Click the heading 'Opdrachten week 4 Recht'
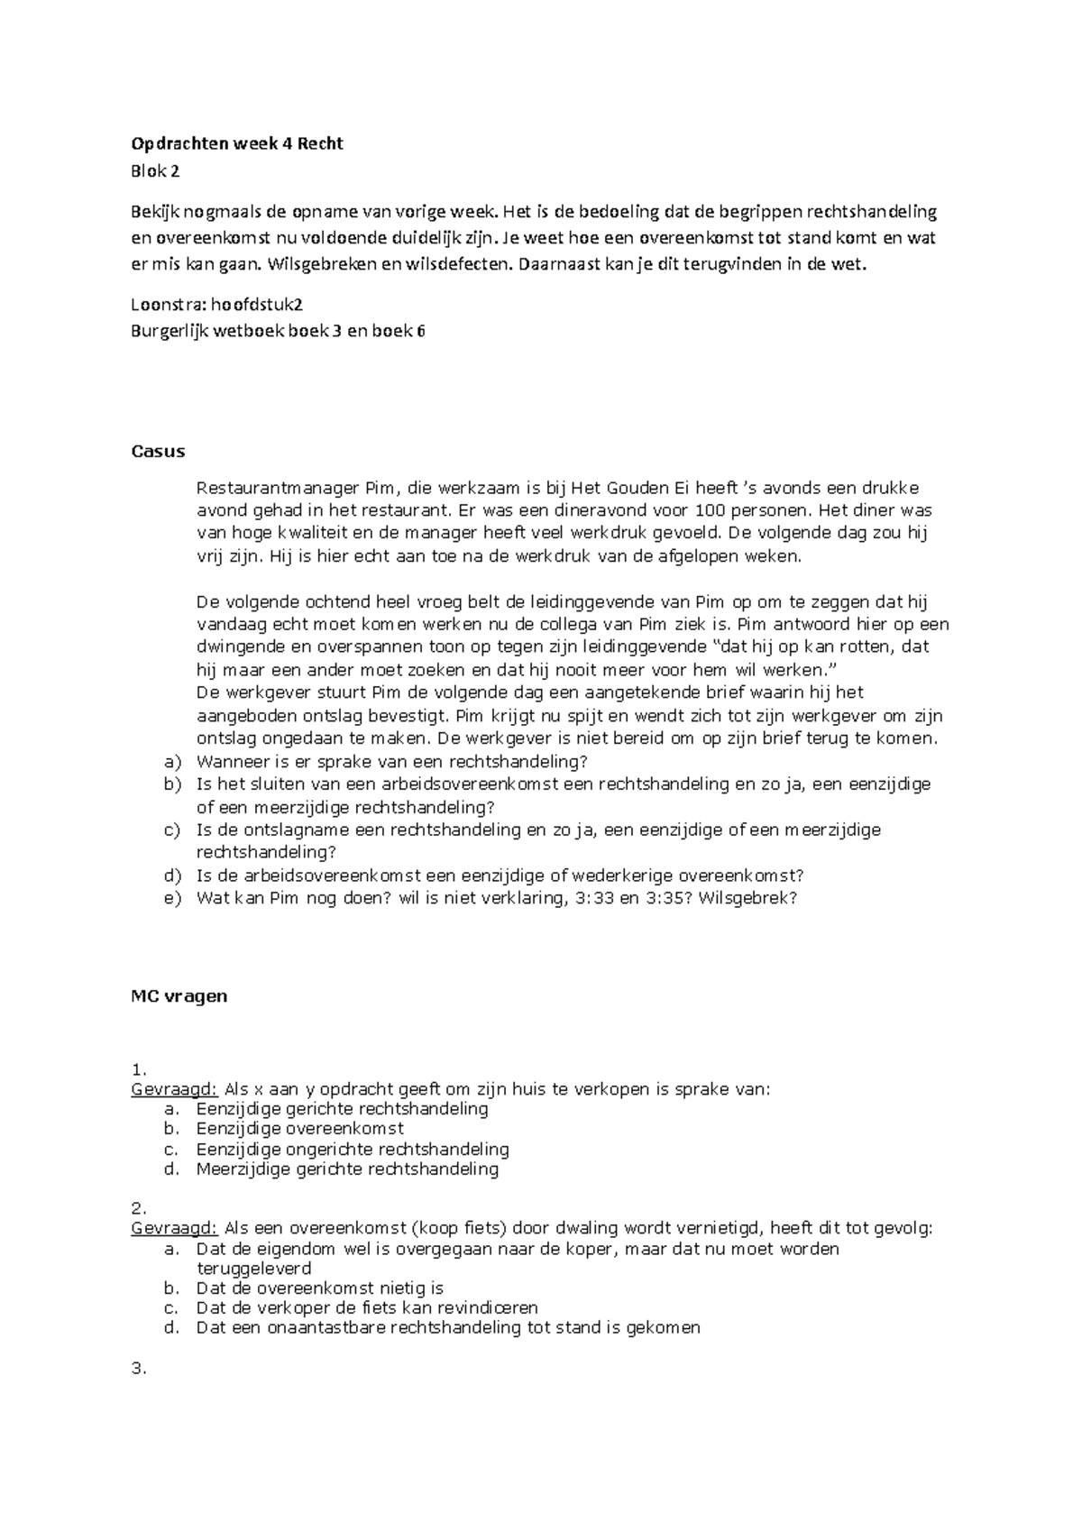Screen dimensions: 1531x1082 point(237,143)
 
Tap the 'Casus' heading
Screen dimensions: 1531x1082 point(158,451)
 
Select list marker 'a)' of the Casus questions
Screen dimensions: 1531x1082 point(172,761)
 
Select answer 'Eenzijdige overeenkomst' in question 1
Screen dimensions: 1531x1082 point(299,1129)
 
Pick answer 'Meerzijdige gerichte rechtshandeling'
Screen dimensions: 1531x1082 point(347,1169)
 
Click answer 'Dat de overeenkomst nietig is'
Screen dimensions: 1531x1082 point(319,1288)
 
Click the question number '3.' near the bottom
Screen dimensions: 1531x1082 point(139,1369)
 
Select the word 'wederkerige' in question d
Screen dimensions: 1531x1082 point(629,875)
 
